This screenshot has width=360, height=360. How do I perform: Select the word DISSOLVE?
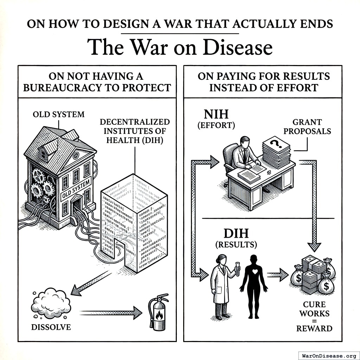pyautogui.click(x=51, y=327)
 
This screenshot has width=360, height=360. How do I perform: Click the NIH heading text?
pyautogui.click(x=216, y=114)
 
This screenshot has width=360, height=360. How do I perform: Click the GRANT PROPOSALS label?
pyautogui.click(x=307, y=127)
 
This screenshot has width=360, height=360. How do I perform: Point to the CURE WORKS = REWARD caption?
pyautogui.click(x=314, y=316)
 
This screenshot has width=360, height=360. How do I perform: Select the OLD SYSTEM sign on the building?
pyautogui.click(x=76, y=188)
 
